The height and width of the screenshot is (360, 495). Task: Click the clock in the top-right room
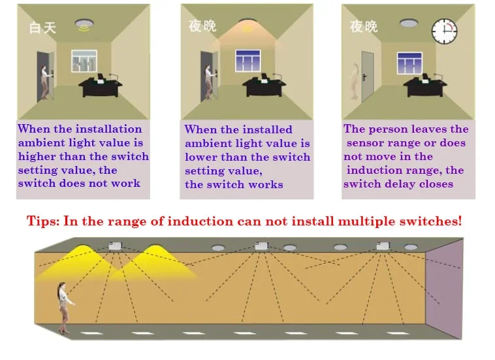(x=444, y=30)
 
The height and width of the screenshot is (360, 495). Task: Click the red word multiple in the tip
(x=360, y=221)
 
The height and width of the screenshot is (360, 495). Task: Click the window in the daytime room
(x=88, y=62)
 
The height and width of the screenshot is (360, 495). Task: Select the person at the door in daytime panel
(x=46, y=82)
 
